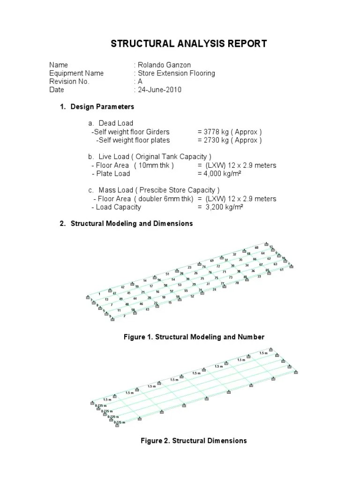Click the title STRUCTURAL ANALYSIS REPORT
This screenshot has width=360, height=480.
[x=188, y=44]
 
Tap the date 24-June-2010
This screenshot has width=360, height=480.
[x=159, y=90]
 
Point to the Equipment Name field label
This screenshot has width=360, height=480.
[x=76, y=73]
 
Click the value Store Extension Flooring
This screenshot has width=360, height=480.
[x=176, y=73]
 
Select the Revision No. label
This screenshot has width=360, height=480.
[x=69, y=82]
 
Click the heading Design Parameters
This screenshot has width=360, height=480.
[x=102, y=107]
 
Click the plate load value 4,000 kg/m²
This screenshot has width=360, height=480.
[x=224, y=173]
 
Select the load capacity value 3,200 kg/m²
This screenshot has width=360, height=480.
[x=224, y=207]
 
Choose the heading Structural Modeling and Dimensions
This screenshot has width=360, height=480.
[x=131, y=224]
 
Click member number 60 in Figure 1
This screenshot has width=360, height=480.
[x=256, y=247]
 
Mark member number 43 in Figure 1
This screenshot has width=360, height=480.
[x=148, y=309]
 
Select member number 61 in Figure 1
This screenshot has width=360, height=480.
[x=282, y=270]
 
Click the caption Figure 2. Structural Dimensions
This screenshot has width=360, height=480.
[x=194, y=441]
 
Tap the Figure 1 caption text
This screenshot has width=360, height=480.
[x=194, y=337]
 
